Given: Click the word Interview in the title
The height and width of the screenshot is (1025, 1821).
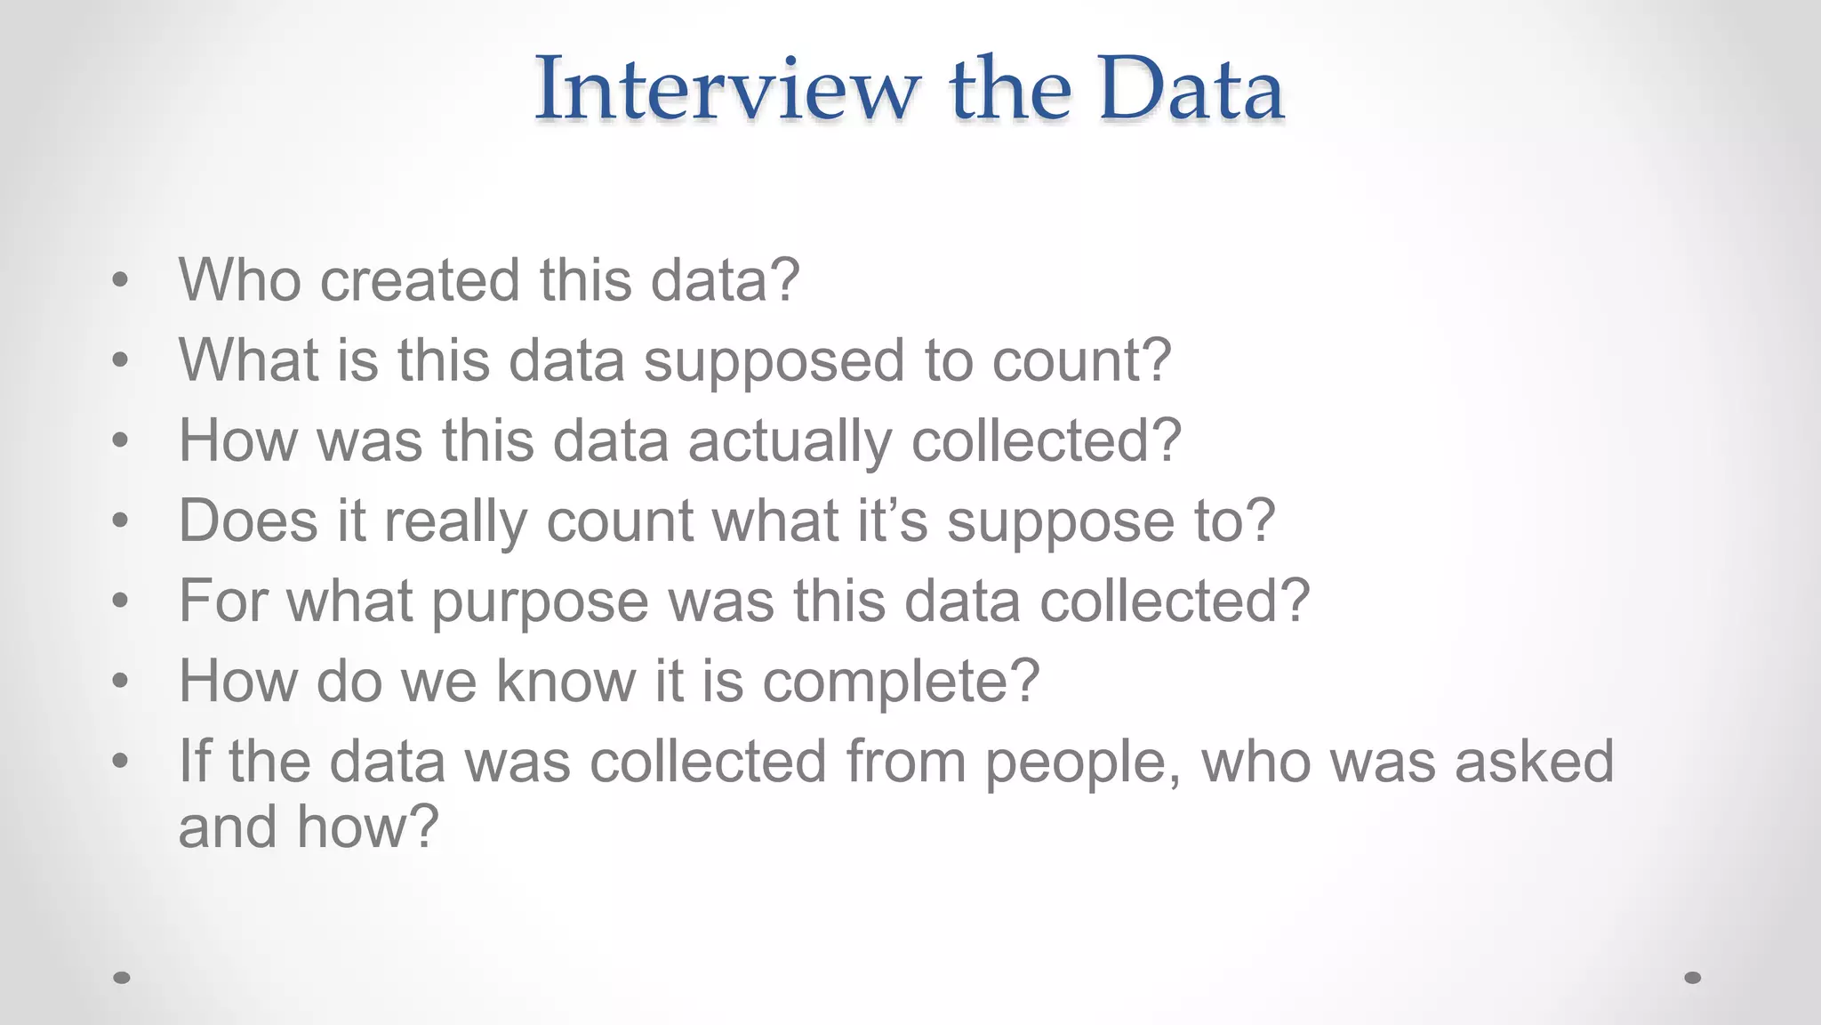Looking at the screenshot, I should click(726, 89).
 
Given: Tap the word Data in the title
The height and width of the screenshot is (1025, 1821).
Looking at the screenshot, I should click(1191, 89).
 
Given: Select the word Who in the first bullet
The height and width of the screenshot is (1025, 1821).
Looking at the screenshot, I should click(239, 280).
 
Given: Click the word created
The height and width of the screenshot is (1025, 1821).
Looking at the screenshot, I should click(420, 280).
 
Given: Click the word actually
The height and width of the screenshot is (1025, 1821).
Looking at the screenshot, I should click(790, 442).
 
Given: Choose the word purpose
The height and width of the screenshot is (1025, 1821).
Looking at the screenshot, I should click(540, 602).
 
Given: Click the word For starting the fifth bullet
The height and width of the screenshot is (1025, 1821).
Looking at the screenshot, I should click(222, 601).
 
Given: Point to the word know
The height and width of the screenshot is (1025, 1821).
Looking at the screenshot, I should click(566, 681).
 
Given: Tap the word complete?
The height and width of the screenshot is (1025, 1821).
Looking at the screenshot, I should click(900, 682).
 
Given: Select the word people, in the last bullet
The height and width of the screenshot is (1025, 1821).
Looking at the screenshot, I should click(1084, 763).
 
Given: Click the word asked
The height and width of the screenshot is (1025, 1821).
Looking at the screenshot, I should click(1534, 762).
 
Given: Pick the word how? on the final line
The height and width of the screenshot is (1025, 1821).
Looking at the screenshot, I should click(367, 827).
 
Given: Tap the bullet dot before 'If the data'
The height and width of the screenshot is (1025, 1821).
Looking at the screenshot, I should click(121, 762).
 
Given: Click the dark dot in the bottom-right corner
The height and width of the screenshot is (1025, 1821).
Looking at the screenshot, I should click(1693, 978).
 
